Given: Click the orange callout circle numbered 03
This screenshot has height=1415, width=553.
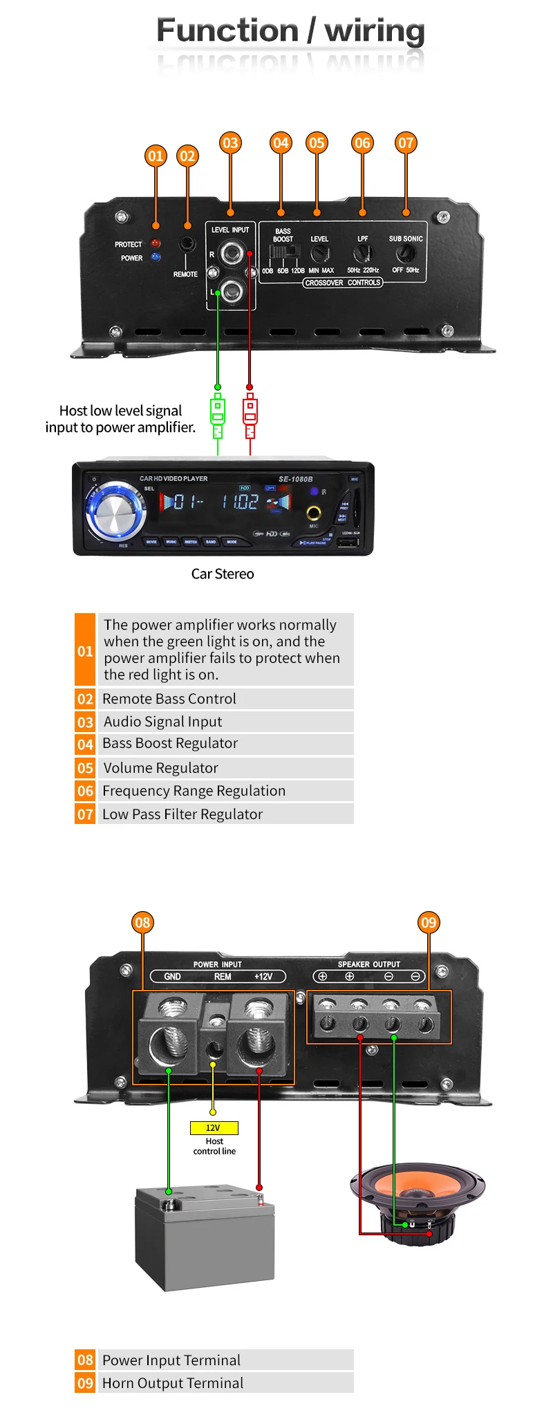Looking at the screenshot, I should [x=230, y=143].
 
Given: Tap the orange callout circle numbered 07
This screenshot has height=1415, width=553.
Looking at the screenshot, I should [x=406, y=143].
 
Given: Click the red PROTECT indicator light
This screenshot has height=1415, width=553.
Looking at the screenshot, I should [x=156, y=243].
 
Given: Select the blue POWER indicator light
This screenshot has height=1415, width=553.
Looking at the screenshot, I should [x=156, y=257].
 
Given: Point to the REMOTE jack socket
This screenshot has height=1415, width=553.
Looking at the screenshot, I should [x=187, y=244].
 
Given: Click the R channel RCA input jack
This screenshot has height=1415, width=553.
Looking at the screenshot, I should [x=231, y=254].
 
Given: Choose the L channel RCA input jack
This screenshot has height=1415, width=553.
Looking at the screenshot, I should [x=231, y=291].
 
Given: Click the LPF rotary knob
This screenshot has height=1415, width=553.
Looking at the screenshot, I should [x=362, y=254].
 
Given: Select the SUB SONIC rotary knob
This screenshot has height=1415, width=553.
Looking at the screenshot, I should [x=405, y=254].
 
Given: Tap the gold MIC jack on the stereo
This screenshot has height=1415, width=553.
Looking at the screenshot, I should [x=314, y=513].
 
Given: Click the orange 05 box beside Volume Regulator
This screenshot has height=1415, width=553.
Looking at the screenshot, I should [x=85, y=768].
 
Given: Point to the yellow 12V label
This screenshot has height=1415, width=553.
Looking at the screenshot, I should [x=214, y=1127].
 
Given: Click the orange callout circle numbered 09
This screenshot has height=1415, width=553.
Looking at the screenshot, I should [x=429, y=923].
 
